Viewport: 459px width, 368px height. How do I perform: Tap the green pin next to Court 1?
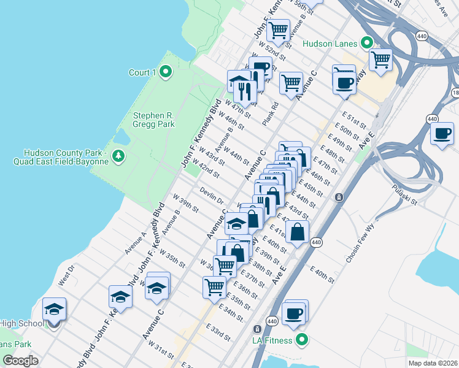tap(165, 72)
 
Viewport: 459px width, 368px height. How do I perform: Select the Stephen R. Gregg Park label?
tap(154, 120)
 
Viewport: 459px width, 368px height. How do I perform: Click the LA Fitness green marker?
tap(301, 339)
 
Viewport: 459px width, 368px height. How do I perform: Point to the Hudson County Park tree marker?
tap(118, 157)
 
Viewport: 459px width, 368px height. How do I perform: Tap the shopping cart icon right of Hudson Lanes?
tap(380, 60)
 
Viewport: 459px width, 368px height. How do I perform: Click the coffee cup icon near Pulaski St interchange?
tap(442, 133)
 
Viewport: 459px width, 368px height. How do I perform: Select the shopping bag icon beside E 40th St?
tap(297, 232)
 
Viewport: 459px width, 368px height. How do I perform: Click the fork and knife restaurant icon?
tap(245, 91)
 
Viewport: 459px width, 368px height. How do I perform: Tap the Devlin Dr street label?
tap(211, 196)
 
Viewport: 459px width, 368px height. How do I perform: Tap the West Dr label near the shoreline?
tap(66, 274)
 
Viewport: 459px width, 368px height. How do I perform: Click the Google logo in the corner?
tap(21, 360)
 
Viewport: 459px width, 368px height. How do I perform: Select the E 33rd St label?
tap(218, 332)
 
